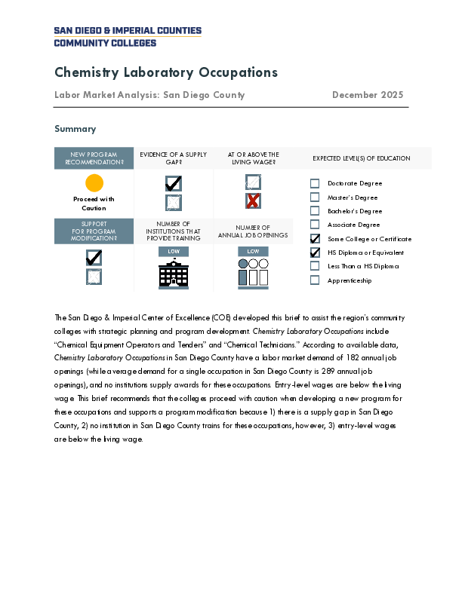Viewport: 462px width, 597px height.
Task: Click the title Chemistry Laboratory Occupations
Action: (x=166, y=72)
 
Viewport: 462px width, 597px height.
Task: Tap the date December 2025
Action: (x=368, y=95)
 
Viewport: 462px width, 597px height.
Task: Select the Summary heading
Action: (x=75, y=129)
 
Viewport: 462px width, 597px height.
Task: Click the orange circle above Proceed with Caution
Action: (x=94, y=183)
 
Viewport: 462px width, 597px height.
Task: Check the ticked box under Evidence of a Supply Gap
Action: (x=174, y=183)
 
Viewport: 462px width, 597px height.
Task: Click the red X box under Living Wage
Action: (x=253, y=201)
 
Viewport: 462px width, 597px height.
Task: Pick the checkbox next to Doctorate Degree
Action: (x=315, y=183)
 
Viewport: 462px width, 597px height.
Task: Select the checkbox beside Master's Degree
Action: (x=315, y=197)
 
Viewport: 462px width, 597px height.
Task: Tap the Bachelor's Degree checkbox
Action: (x=315, y=211)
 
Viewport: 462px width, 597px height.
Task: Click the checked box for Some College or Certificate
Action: (x=315, y=239)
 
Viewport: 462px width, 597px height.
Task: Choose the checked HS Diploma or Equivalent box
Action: (x=315, y=253)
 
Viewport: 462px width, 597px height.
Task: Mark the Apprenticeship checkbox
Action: (x=315, y=280)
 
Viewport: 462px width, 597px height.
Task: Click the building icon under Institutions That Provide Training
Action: (x=174, y=274)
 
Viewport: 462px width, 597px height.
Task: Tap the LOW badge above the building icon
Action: (x=174, y=251)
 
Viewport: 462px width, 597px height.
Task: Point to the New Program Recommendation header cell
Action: (x=94, y=158)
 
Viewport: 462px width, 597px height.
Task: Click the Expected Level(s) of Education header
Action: (x=362, y=158)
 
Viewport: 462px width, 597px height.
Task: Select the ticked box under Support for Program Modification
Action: (x=94, y=258)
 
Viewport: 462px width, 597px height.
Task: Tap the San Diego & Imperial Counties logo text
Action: (x=128, y=36)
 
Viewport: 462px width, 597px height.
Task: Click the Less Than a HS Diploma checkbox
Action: (x=315, y=266)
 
